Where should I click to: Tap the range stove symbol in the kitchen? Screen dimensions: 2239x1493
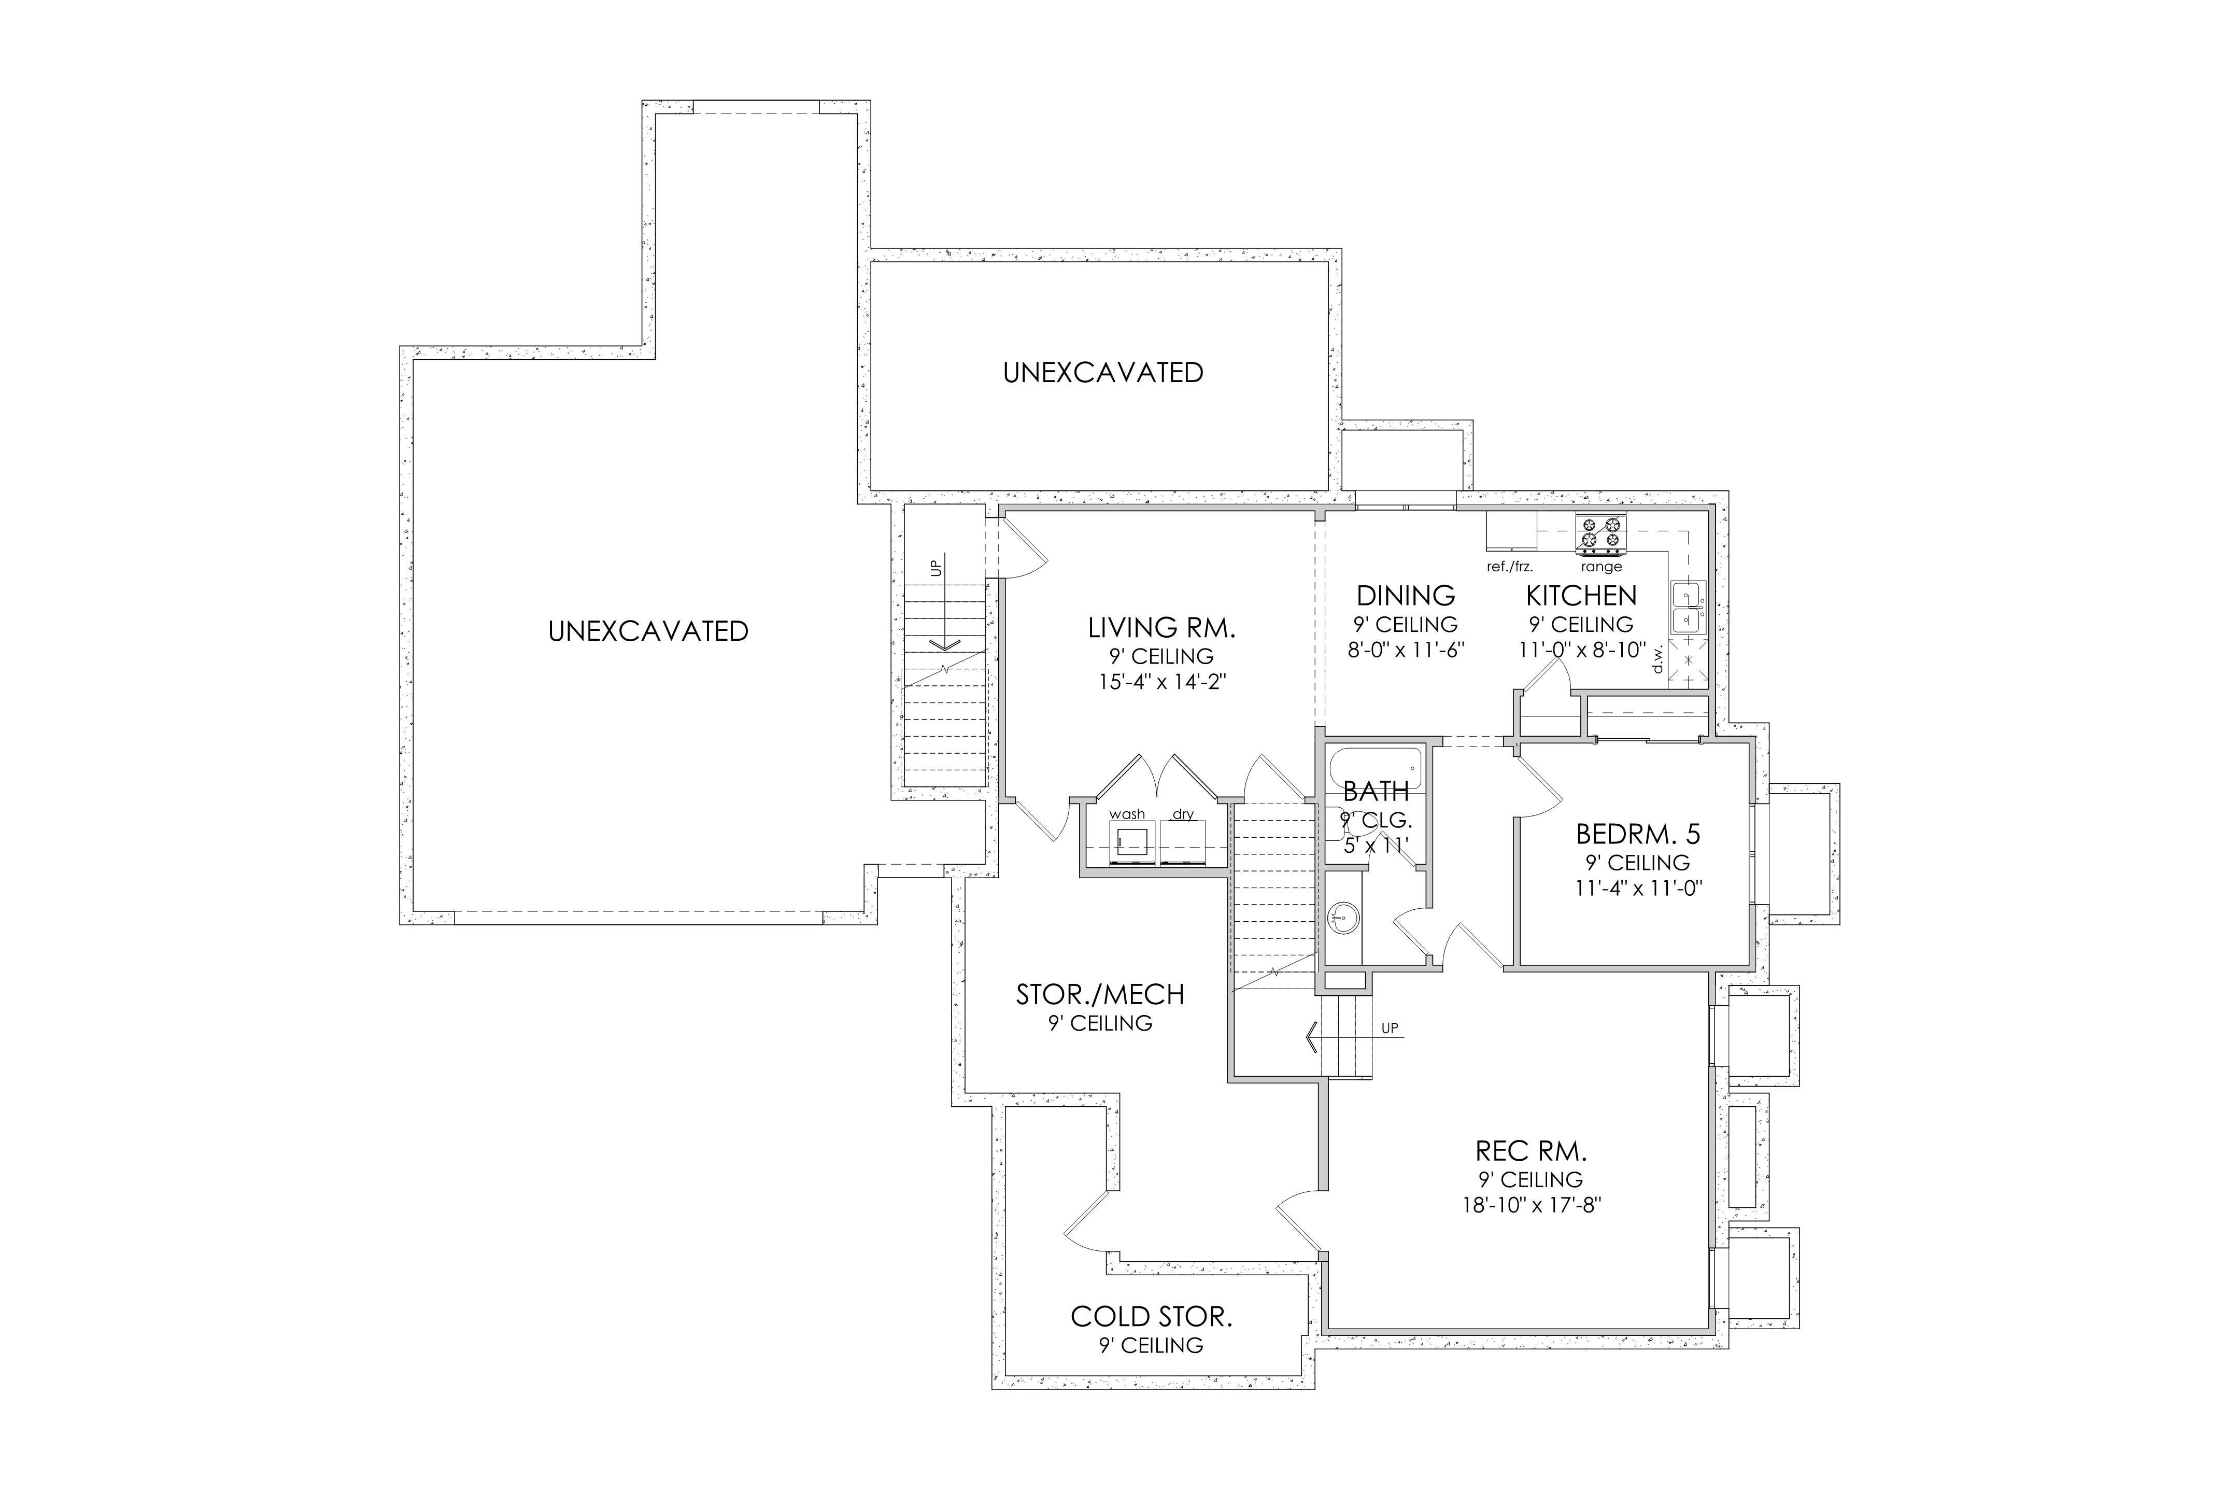[1600, 533]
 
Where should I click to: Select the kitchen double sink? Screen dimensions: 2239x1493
[1689, 608]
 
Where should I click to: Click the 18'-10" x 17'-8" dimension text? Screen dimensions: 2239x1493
[1532, 1204]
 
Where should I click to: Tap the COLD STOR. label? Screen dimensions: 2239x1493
[1151, 1317]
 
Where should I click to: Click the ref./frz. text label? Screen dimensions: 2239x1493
[1510, 567]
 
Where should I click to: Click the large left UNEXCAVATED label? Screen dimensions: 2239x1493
[648, 631]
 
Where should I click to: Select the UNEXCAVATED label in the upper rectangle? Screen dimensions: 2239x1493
[1103, 372]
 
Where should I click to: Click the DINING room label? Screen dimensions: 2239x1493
[1406, 596]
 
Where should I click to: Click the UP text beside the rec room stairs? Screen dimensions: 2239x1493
[1390, 1029]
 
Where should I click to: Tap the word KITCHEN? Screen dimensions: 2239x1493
[1581, 596]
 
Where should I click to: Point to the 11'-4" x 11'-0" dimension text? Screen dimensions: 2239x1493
[1638, 889]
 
